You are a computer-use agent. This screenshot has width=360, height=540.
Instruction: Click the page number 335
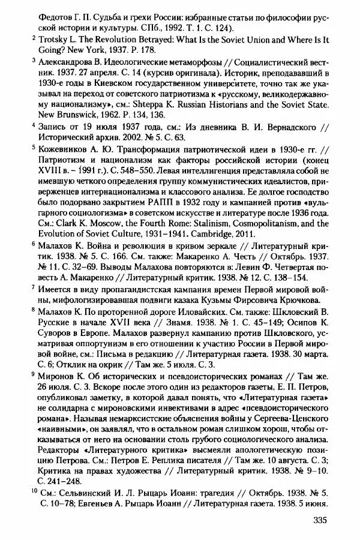(322, 520)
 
